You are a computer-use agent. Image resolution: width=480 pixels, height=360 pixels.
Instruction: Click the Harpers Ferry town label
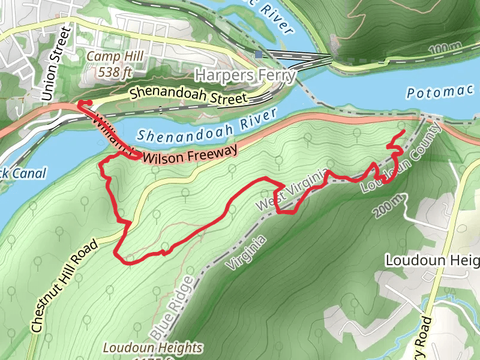(x=245, y=76)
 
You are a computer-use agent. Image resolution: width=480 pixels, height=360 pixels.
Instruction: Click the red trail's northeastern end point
(x=404, y=131)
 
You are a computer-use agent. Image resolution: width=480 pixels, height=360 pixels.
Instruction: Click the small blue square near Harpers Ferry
(x=258, y=54)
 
